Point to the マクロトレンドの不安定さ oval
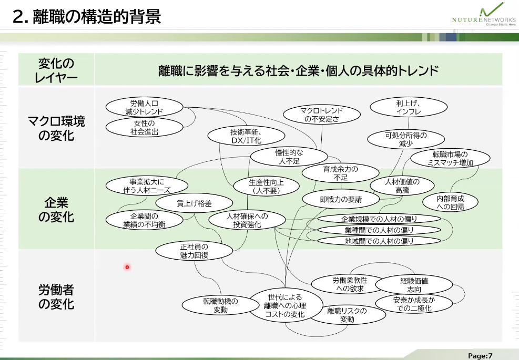click(321, 115)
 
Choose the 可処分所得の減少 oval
click(405, 139)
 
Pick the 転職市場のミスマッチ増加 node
click(450, 158)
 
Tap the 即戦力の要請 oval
click(340, 200)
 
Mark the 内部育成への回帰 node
click(450, 203)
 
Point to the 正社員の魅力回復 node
click(194, 251)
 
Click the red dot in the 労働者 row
click(127, 267)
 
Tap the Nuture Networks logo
click(483, 16)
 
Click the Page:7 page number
click(480, 355)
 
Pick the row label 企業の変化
click(56, 210)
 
